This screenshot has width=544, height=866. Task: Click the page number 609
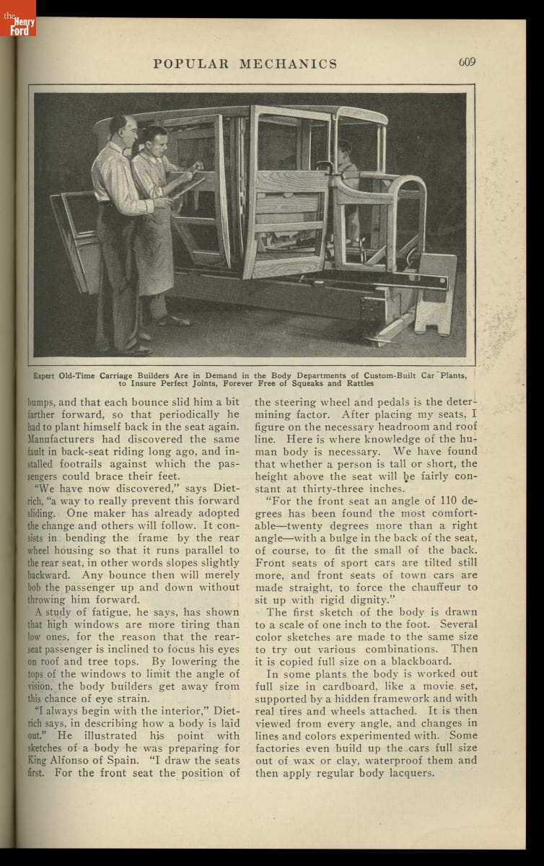coord(467,61)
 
